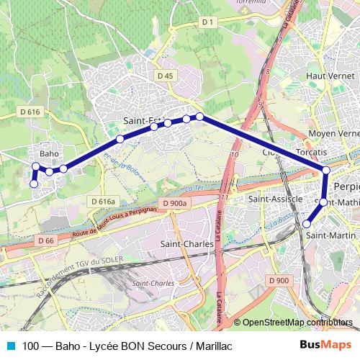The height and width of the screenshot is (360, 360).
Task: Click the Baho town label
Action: [48, 153]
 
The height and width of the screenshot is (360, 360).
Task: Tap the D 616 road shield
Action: [30, 112]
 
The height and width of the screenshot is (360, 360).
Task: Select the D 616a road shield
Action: [104, 201]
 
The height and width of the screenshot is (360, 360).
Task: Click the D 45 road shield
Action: [165, 75]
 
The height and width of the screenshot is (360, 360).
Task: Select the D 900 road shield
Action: [278, 280]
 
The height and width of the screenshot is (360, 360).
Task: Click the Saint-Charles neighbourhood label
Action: [186, 245]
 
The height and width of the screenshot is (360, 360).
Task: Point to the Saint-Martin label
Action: [328, 235]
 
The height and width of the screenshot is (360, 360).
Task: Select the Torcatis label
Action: [311, 153]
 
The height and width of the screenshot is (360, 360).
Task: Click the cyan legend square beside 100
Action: [9, 346]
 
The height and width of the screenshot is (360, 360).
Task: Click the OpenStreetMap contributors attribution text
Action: [297, 323]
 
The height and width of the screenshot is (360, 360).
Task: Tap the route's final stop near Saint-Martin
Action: [307, 224]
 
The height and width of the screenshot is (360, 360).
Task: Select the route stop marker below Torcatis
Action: [325, 170]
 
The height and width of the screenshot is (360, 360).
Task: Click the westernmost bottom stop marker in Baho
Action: [33, 184]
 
